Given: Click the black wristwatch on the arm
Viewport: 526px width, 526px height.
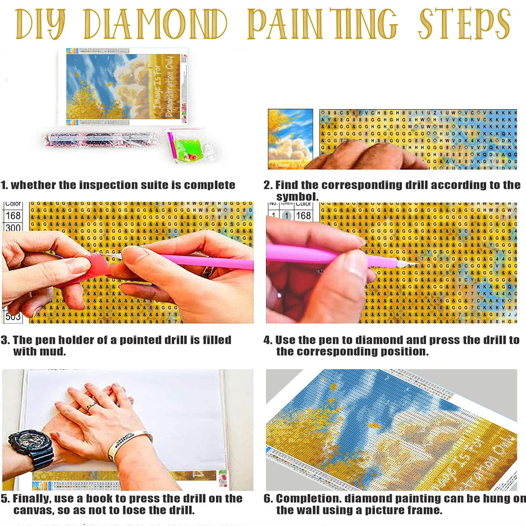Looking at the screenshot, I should [x=31, y=448].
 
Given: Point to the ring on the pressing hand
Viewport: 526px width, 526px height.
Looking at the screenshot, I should [x=90, y=406].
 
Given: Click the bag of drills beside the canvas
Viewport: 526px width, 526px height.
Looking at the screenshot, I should [x=100, y=140].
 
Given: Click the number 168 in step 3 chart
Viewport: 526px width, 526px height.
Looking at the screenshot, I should [x=13, y=215].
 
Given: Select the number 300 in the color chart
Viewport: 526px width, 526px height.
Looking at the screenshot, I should [x=13, y=228].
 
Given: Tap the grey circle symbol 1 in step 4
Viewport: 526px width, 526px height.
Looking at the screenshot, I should [x=286, y=215].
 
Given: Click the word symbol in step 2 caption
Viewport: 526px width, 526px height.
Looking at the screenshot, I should [x=296, y=197].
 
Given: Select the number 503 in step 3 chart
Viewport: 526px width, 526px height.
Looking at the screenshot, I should [x=13, y=317].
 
